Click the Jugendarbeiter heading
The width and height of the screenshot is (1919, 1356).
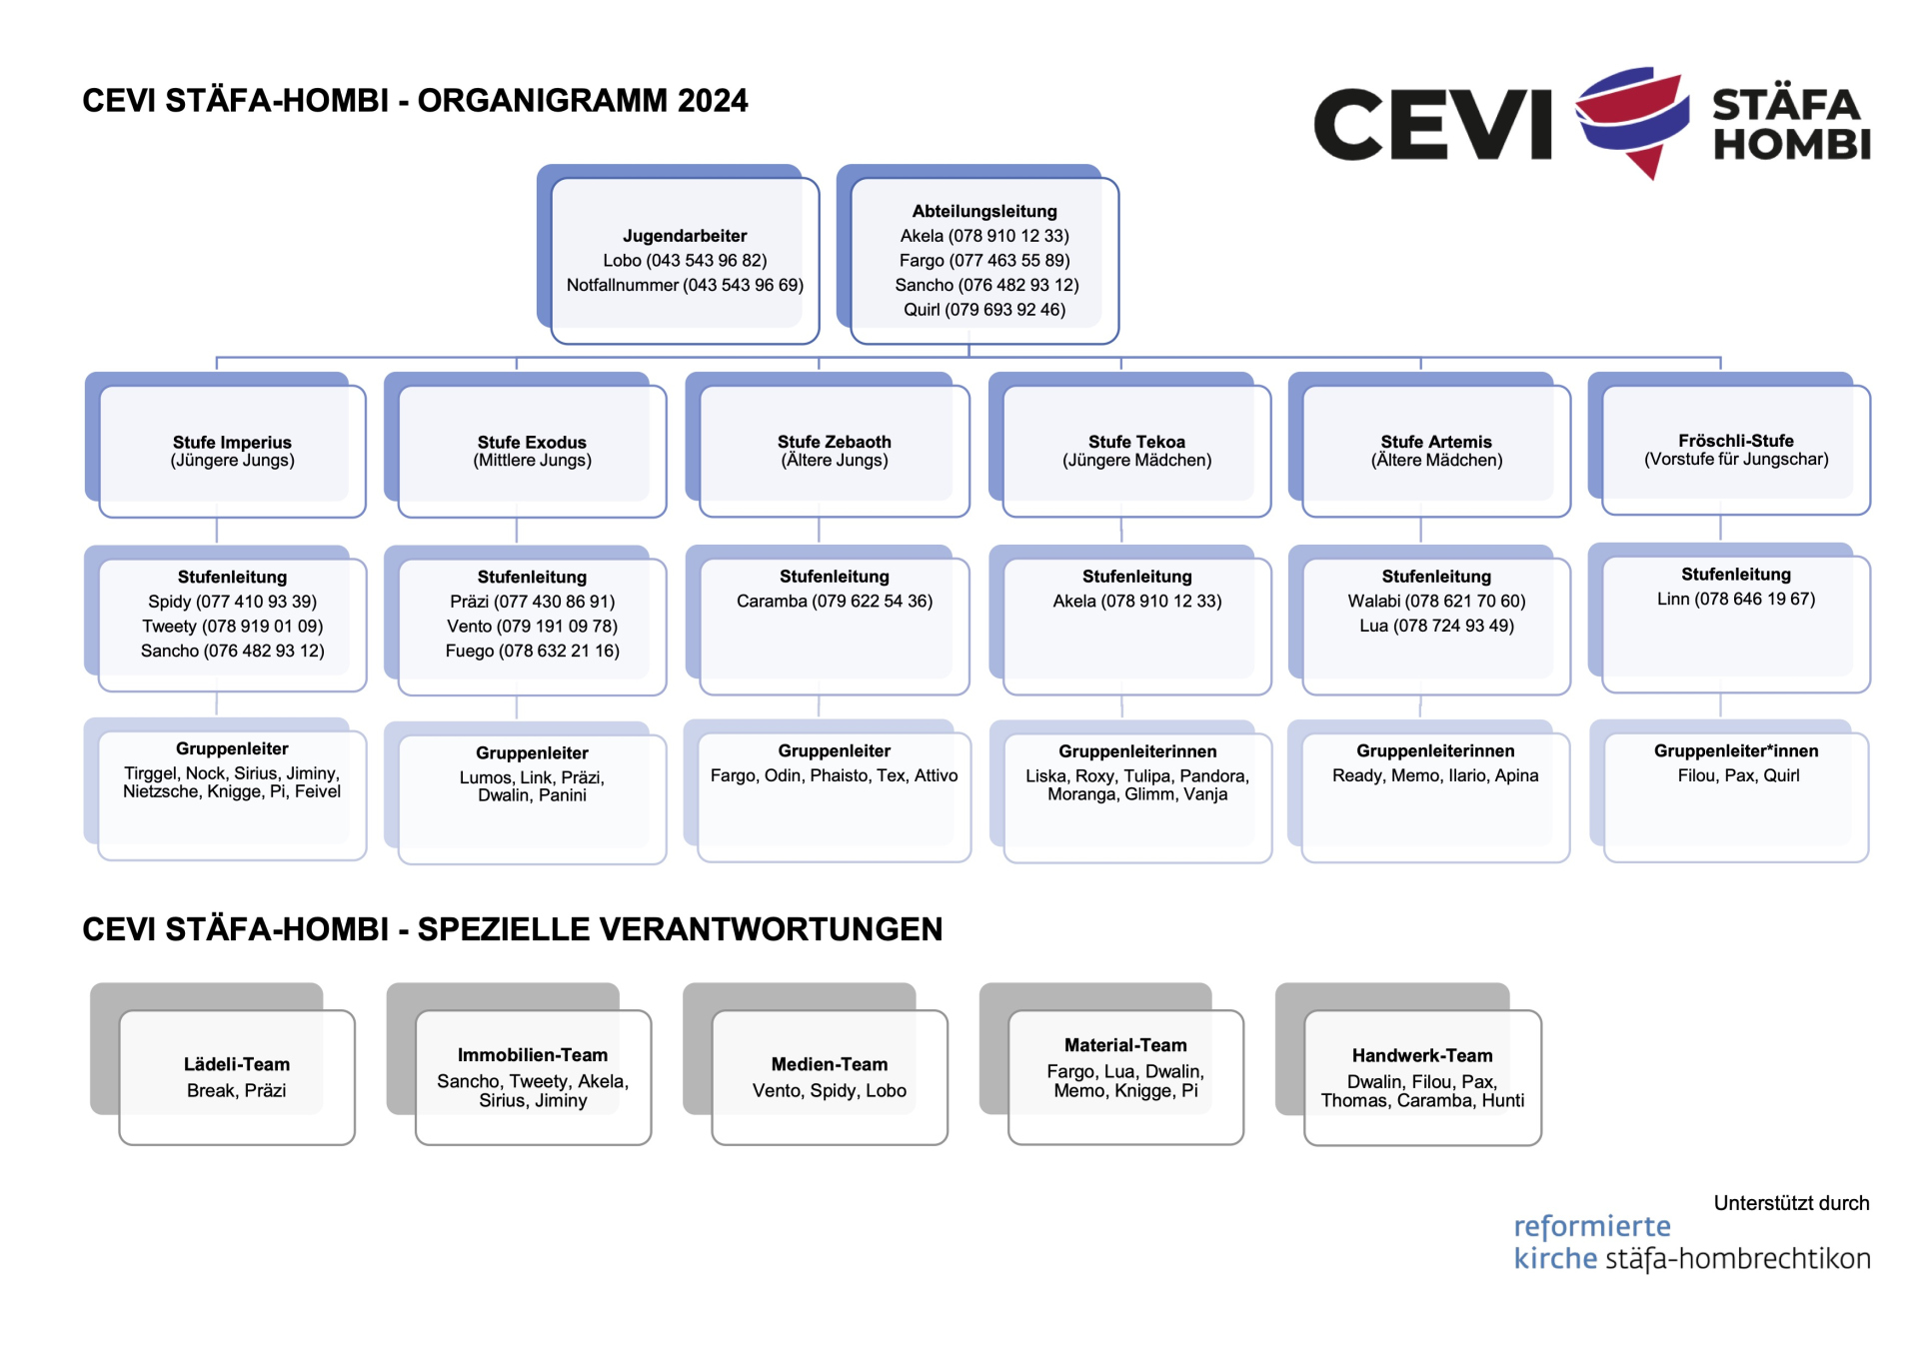point(685,236)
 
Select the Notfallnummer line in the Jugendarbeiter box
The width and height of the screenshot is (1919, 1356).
point(685,285)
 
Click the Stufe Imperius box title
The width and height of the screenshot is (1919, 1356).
point(232,443)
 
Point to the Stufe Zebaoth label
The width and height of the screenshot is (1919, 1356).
point(835,442)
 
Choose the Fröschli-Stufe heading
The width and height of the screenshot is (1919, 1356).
point(1736,441)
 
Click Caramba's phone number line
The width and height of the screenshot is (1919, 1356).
point(835,602)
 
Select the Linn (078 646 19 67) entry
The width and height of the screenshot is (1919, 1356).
point(1736,600)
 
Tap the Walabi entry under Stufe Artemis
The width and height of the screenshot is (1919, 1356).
point(1436,602)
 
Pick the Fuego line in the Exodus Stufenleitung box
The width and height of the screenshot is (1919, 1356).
point(532,652)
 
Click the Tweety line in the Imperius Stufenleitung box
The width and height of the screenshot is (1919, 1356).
point(232,627)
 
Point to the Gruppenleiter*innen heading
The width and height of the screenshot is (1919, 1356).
point(1736,751)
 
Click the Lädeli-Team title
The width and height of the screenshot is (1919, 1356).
point(237,1065)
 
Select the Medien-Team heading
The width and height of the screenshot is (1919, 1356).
point(830,1065)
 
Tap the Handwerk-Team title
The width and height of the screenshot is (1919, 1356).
point(1422,1056)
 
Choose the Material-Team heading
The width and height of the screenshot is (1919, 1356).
point(1125,1046)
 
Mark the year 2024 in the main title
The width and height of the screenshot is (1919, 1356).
point(713,101)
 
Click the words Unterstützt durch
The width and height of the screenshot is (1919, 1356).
point(1791,1204)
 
